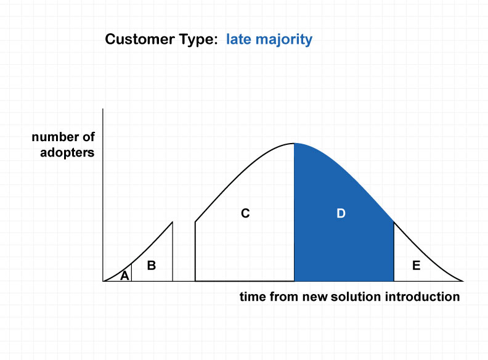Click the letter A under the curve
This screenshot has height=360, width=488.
coord(124,276)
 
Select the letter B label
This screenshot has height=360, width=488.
coord(151,265)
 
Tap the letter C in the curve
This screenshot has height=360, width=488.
coord(245,213)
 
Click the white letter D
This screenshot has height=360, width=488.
coord(341,213)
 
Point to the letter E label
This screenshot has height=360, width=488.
coord(416,265)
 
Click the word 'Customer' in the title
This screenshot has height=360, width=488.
coord(140,39)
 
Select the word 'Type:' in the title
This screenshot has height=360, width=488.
coord(198,40)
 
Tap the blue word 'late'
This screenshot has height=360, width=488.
coord(238,39)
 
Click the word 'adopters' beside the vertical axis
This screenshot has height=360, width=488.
coord(67,153)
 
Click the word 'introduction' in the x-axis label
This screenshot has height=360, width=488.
coord(422,297)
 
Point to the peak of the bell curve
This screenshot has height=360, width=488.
coord(294,143)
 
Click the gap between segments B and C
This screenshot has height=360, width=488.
coord(184,252)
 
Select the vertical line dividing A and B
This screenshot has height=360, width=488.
coord(131,272)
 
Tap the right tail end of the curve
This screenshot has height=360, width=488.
coord(463,281)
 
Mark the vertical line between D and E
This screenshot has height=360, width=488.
coord(394,252)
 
